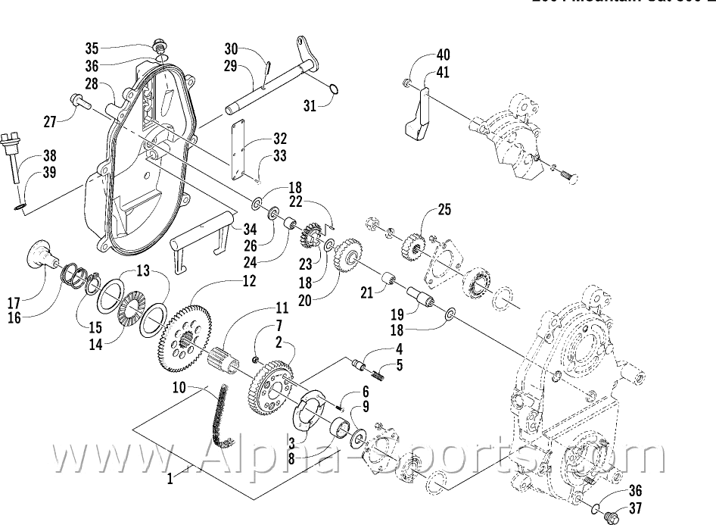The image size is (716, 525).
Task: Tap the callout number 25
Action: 443,209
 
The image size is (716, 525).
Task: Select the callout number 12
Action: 249,281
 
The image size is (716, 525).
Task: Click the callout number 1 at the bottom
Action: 170,478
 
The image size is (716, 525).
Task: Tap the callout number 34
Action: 248,229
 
